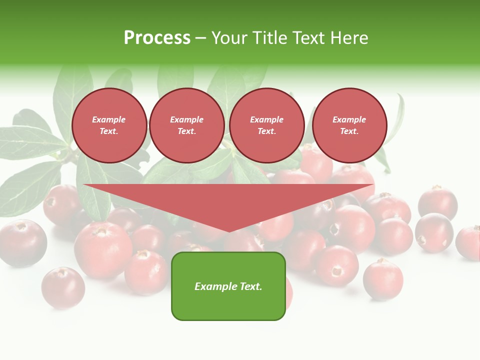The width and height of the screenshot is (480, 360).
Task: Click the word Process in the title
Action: (x=157, y=38)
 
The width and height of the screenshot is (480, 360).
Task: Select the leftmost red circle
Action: (x=109, y=125)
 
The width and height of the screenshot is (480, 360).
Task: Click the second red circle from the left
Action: (x=187, y=125)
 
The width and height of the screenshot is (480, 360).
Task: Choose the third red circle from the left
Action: (x=267, y=125)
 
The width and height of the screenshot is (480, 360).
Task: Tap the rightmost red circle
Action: (x=349, y=125)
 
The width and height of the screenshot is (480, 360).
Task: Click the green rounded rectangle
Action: (x=228, y=286)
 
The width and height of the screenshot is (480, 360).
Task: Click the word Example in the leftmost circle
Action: (x=109, y=119)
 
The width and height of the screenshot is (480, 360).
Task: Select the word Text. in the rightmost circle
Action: (x=349, y=131)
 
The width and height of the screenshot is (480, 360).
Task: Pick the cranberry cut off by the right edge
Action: (x=469, y=243)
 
